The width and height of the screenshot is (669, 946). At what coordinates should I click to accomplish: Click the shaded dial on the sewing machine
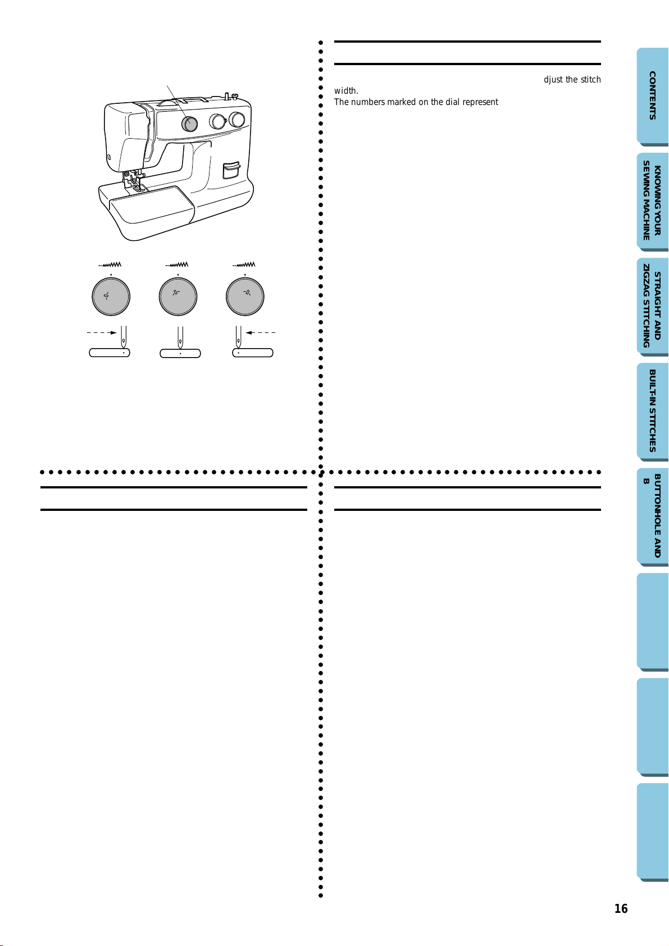click(189, 124)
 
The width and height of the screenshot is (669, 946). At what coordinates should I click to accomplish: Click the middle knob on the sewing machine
click(217, 122)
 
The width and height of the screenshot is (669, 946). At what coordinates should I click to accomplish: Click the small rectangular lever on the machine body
click(231, 170)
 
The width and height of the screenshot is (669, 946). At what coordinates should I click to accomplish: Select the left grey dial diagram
click(111, 296)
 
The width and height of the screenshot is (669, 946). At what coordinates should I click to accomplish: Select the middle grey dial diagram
click(178, 296)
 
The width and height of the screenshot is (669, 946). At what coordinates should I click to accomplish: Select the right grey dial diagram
click(245, 296)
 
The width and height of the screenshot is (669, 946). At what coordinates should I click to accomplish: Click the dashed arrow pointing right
click(102, 333)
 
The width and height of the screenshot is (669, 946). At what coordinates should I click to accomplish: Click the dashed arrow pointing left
click(260, 333)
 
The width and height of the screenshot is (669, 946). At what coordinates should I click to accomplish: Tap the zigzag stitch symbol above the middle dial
click(176, 265)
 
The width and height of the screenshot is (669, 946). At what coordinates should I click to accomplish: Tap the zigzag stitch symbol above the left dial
click(110, 265)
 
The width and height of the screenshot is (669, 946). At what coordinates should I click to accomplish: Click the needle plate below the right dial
click(253, 353)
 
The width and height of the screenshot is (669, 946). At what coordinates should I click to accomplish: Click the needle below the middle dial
click(180, 336)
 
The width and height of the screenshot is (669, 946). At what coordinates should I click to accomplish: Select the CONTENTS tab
click(653, 96)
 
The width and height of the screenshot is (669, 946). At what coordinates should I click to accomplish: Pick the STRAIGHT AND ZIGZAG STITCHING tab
click(653, 306)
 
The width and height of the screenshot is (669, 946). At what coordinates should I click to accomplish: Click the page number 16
click(621, 909)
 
